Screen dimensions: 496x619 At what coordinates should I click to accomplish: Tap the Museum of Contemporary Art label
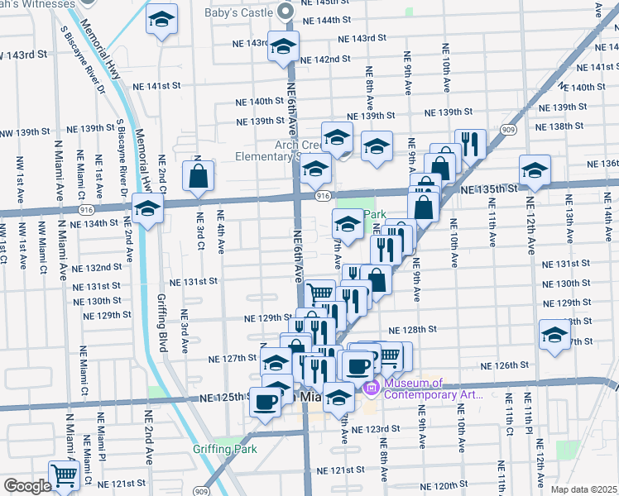coord(432,389)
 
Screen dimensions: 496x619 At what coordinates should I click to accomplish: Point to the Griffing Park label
coord(224,450)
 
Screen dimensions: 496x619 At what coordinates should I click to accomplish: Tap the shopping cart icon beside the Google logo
coord(63,475)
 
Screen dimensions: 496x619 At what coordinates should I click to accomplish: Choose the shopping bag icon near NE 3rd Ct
coord(199,175)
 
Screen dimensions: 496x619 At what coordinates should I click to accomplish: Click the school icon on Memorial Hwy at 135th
coord(147,209)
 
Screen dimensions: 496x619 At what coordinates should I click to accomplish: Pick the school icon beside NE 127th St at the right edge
coord(554,335)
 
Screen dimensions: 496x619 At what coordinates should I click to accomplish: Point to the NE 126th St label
coord(504,365)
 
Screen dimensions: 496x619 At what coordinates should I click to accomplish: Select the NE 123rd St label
coord(376,429)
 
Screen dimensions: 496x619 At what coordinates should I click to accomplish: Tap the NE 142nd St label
coord(326,60)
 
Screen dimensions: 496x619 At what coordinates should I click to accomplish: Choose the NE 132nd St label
coord(97,268)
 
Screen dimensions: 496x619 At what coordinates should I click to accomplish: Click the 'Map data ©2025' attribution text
coord(584,489)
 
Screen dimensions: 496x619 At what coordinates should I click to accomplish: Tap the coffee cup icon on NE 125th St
coord(265,402)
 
